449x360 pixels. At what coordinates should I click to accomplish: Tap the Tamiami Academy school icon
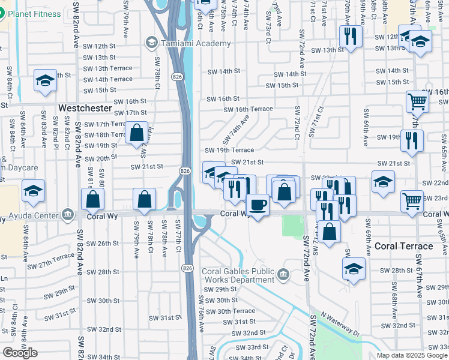pyautogui.click(x=151, y=43)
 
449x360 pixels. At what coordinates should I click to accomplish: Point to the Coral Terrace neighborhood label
pyautogui.click(x=403, y=246)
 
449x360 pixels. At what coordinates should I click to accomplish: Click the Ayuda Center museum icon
pyautogui.click(x=67, y=214)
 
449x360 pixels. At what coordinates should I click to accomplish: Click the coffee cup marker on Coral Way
pyautogui.click(x=258, y=205)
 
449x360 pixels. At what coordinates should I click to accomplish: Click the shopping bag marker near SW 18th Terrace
pyautogui.click(x=137, y=133)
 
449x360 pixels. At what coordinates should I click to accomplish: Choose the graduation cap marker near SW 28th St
pyautogui.click(x=354, y=269)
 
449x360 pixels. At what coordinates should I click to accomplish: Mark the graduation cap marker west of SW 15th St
pyautogui.click(x=45, y=82)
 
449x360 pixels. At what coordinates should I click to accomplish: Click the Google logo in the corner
pyautogui.click(x=20, y=353)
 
